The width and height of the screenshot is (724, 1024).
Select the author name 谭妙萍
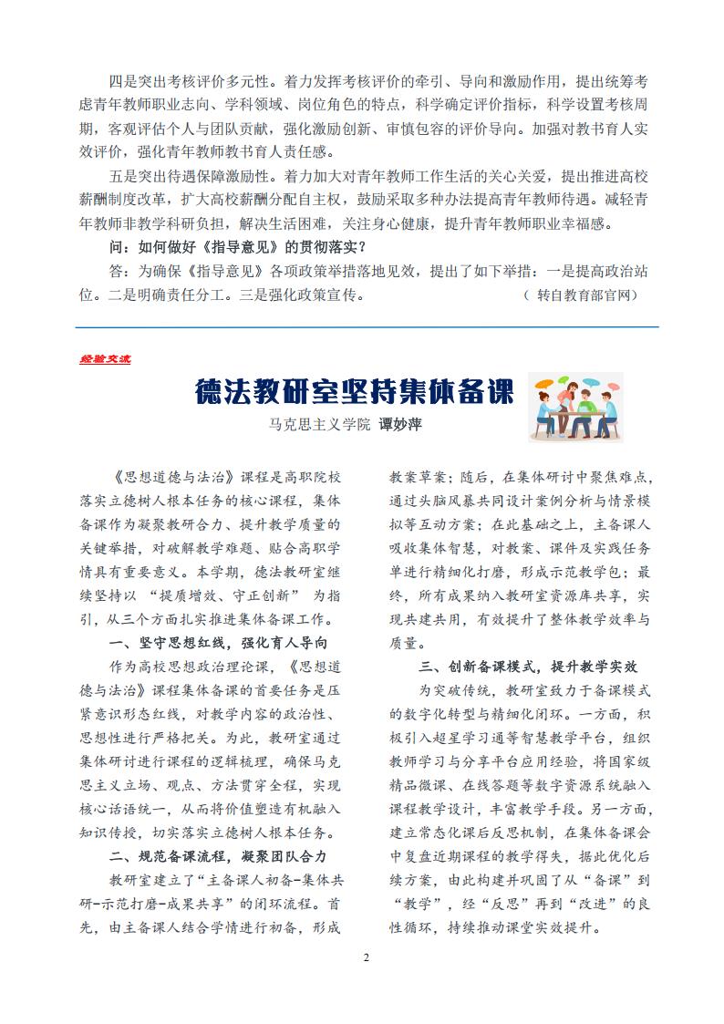401,425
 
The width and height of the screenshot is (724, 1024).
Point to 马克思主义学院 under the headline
319,425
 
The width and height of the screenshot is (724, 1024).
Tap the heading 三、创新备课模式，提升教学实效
528,665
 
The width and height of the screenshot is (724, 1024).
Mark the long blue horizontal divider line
366,326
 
